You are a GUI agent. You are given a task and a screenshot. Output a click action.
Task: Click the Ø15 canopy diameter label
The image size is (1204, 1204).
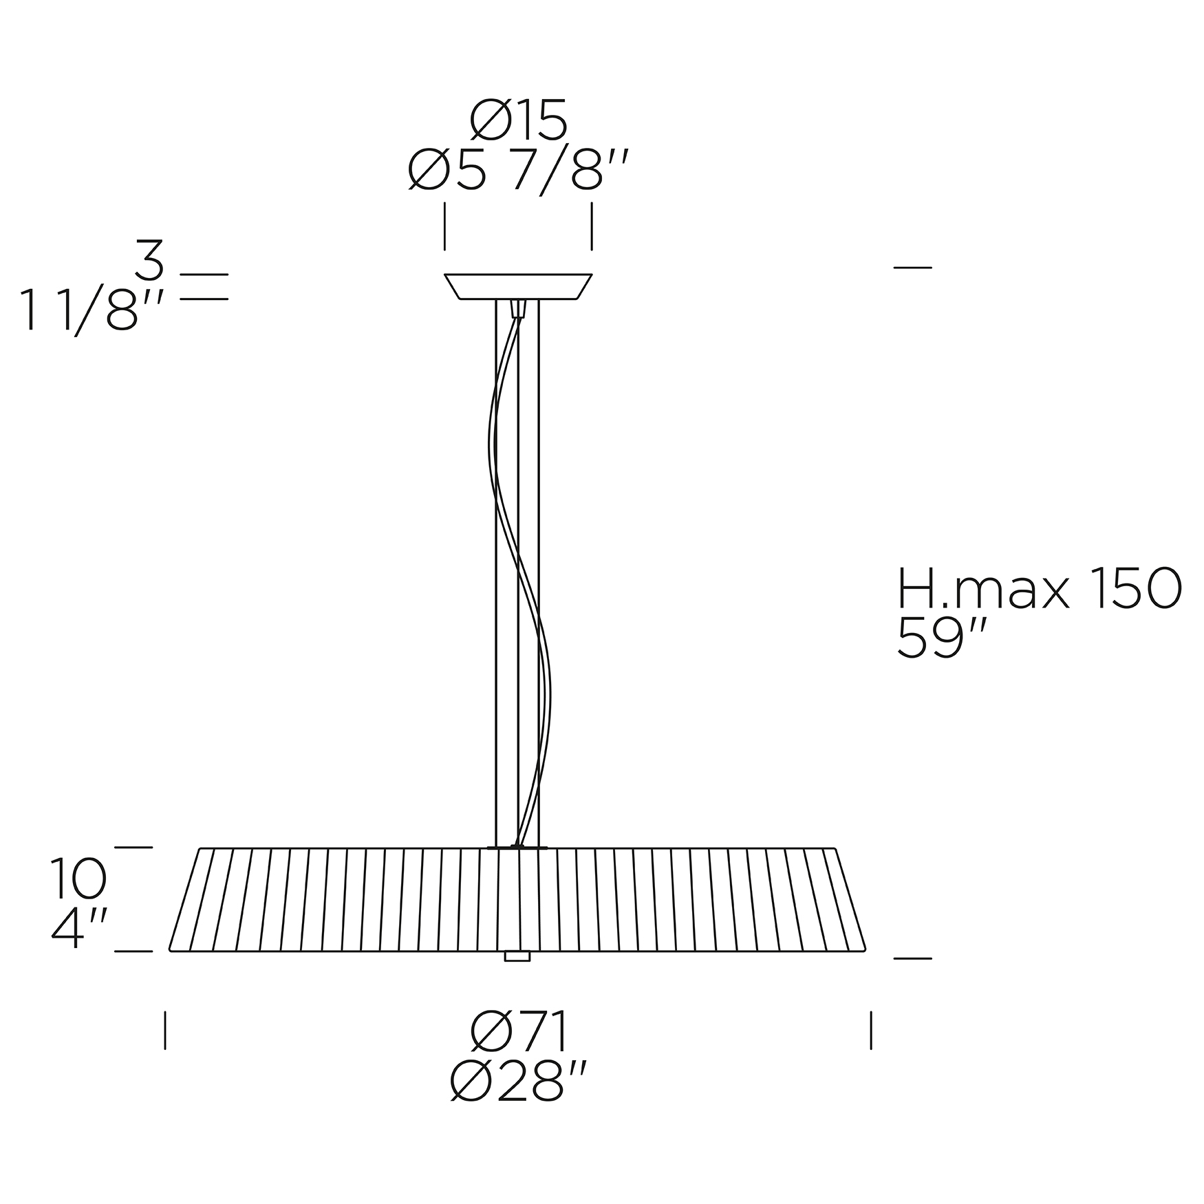point(518,120)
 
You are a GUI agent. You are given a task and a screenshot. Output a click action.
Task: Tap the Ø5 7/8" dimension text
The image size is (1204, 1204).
point(518,171)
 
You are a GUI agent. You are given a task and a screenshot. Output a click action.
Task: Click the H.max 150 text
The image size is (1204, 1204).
point(1040,589)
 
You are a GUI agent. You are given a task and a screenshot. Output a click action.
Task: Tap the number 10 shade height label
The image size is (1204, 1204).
point(78,879)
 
